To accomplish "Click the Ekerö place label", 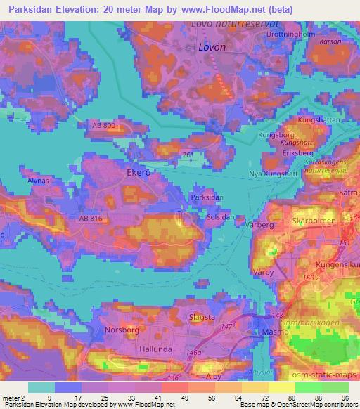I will [x=139, y=171].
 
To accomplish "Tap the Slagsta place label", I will [x=202, y=317].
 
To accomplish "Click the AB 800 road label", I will [x=103, y=125].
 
